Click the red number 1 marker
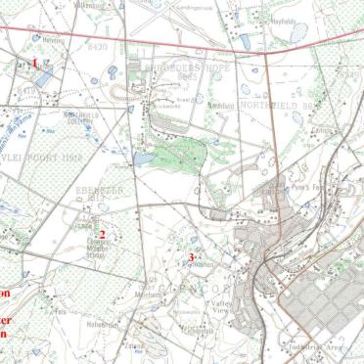pyautogui.click(x=35, y=64)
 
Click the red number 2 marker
pyautogui.click(x=102, y=234)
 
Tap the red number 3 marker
pyautogui.click(x=191, y=256)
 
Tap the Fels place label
pyautogui.click(x=60, y=311)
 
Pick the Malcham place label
pyautogui.click(x=148, y=294)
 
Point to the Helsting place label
pyautogui.click(x=54, y=40)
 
